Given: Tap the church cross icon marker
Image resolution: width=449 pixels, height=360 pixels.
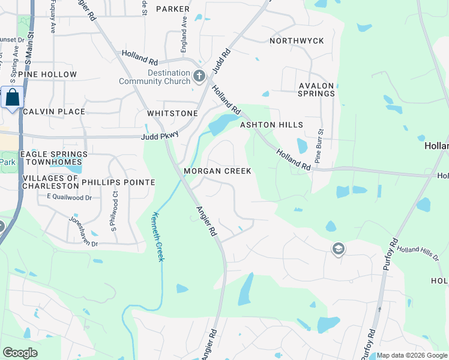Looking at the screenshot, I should [200, 76].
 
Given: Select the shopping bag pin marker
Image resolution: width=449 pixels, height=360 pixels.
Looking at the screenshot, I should [12, 97].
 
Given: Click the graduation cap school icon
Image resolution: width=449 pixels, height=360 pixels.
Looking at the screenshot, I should [339, 248].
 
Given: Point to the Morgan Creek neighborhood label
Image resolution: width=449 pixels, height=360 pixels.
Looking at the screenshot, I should [217, 171].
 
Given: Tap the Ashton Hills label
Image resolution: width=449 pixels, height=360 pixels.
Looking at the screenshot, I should [271, 125].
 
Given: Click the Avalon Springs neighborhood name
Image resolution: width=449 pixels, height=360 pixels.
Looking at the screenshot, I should [316, 89].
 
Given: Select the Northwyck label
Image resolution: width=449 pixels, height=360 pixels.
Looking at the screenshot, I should [297, 41].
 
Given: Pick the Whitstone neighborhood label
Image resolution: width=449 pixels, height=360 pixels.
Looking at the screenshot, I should [172, 113].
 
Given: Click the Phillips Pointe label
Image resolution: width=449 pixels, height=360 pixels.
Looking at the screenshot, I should [118, 182].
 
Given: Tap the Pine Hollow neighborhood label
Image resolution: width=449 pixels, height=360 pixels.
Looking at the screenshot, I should [47, 74].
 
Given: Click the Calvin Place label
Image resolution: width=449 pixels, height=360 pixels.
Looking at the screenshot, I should [54, 112].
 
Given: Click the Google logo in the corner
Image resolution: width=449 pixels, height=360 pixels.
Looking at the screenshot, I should [20, 353].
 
